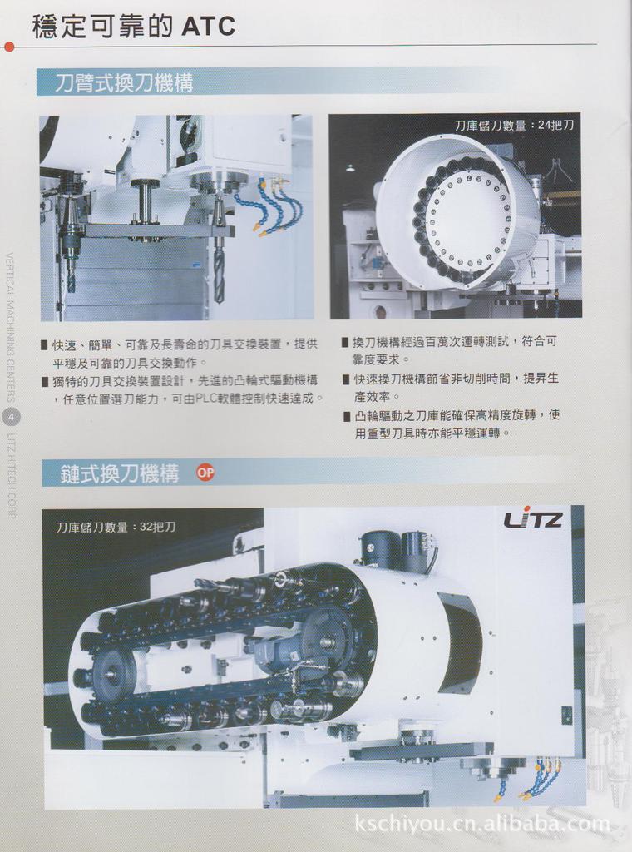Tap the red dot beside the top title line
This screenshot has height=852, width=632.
tap(9, 47)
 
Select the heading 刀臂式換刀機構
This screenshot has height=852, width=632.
tap(124, 82)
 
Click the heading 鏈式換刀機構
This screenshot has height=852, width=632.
tap(120, 474)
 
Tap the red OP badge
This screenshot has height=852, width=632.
tap(205, 473)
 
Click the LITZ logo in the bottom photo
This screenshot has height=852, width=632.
tap(533, 520)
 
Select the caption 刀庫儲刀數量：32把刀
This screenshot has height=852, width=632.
tap(116, 527)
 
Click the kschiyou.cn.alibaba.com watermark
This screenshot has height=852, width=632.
tap(481, 824)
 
